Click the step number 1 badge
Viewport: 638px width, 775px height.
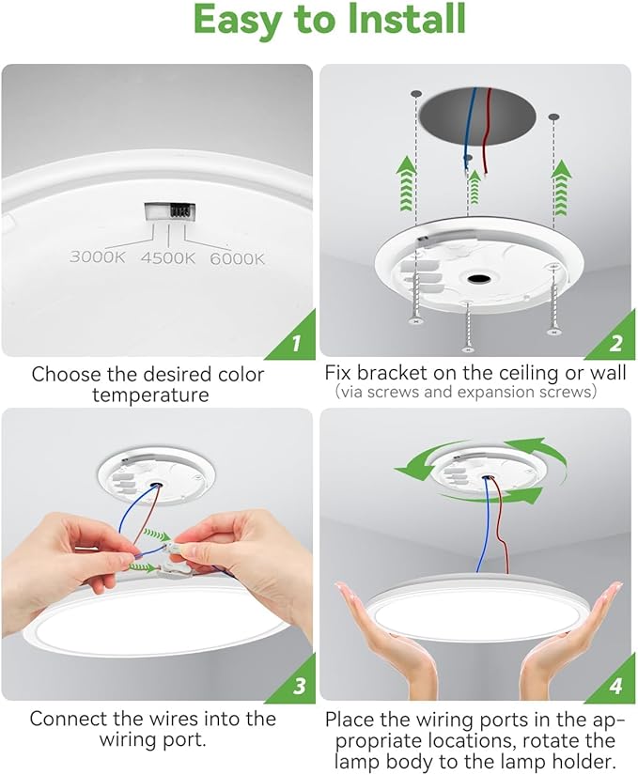pyautogui.click(x=296, y=343)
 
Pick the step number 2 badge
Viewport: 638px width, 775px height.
pyautogui.click(x=615, y=343)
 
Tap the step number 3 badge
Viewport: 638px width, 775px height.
pyautogui.click(x=299, y=687)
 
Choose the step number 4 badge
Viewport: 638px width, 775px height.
pyautogui.click(x=615, y=687)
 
